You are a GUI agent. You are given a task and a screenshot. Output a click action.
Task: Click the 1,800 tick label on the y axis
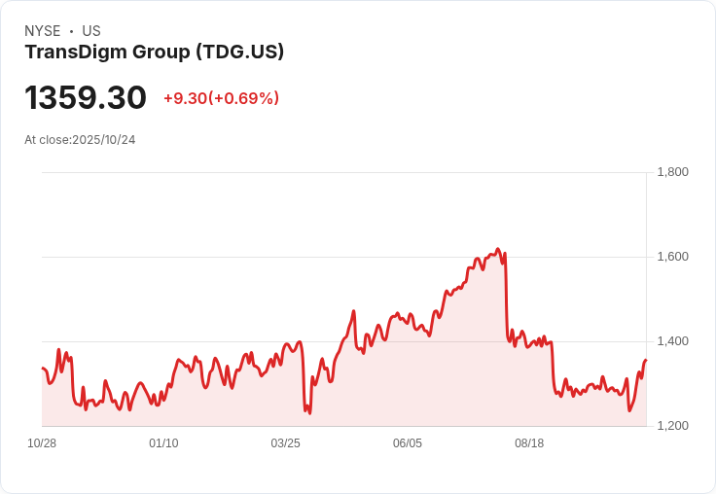pyautogui.click(x=672, y=172)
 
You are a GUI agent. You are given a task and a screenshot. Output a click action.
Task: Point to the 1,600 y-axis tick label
pyautogui.click(x=672, y=257)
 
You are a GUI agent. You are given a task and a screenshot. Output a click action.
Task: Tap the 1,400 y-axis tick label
pyautogui.click(x=672, y=341)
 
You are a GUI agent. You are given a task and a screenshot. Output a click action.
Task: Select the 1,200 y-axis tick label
pyautogui.click(x=672, y=426)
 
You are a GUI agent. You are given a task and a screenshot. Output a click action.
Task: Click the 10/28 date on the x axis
pyautogui.click(x=42, y=443)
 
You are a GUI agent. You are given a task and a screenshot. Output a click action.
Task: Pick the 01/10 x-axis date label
pyautogui.click(x=163, y=443)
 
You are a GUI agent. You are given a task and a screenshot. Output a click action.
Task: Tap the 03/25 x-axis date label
pyautogui.click(x=285, y=443)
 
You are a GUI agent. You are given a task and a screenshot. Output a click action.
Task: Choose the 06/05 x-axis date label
pyautogui.click(x=408, y=443)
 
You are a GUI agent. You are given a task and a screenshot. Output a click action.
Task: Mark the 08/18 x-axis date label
pyautogui.click(x=529, y=443)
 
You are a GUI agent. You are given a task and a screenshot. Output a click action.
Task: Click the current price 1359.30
pyautogui.click(x=86, y=98)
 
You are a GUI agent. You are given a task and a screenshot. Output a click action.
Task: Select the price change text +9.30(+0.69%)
pyautogui.click(x=221, y=98)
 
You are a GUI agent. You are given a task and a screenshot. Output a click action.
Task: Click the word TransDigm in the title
pyautogui.click(x=73, y=53)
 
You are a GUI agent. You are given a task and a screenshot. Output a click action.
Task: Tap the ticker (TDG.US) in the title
pyautogui.click(x=239, y=53)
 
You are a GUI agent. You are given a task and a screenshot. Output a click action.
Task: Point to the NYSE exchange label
pyautogui.click(x=42, y=31)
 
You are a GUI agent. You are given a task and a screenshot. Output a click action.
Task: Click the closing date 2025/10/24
pyautogui.click(x=104, y=140)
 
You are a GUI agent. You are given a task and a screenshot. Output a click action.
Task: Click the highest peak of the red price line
pyautogui.click(x=497, y=249)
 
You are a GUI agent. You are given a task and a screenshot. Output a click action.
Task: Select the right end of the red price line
pyautogui.click(x=645, y=361)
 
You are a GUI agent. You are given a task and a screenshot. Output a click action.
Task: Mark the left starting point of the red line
pyautogui.click(x=43, y=369)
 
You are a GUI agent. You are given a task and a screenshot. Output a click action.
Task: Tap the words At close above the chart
pyautogui.click(x=47, y=140)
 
